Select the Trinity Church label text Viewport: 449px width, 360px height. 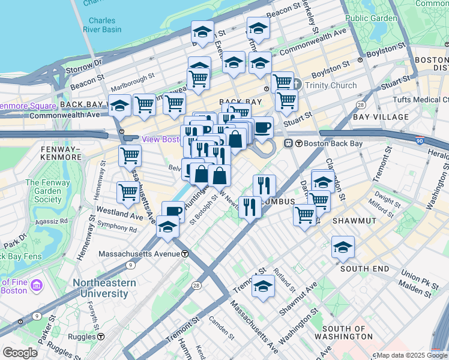tap(330, 85)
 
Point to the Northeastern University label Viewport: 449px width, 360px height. tap(100, 288)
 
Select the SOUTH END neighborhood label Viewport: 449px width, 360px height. tap(365, 269)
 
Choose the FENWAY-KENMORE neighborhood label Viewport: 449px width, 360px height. tap(61, 152)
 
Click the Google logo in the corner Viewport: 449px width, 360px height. tap(20, 353)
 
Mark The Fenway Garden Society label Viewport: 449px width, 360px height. tap(43, 191)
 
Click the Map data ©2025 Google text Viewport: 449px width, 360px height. tap(411, 355)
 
